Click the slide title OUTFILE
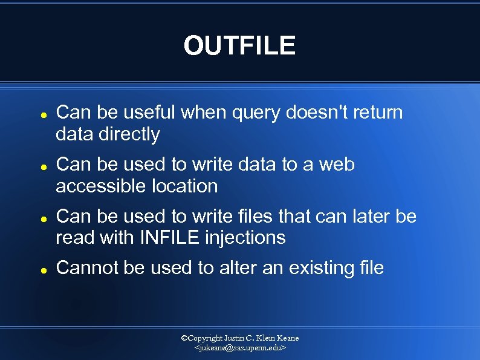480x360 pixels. point(240,46)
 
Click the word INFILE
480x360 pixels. point(169,238)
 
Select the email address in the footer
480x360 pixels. point(240,349)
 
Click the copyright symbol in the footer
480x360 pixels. point(185,338)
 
